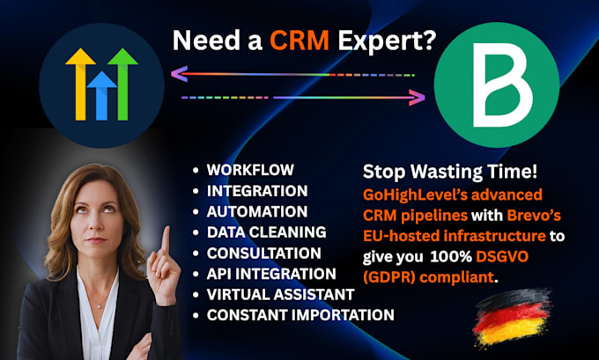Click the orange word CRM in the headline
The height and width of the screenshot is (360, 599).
299,40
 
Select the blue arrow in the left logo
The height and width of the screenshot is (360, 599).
101,95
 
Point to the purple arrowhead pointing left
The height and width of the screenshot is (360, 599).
179,74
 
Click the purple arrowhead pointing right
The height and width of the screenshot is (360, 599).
418,98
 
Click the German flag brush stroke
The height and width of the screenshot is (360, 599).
512,318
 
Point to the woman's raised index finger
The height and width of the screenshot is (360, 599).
166,239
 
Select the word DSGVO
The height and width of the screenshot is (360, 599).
502,256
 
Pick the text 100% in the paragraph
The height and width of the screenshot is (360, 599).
451,256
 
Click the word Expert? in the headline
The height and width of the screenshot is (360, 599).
387,41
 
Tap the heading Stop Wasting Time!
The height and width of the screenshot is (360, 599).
450,172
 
